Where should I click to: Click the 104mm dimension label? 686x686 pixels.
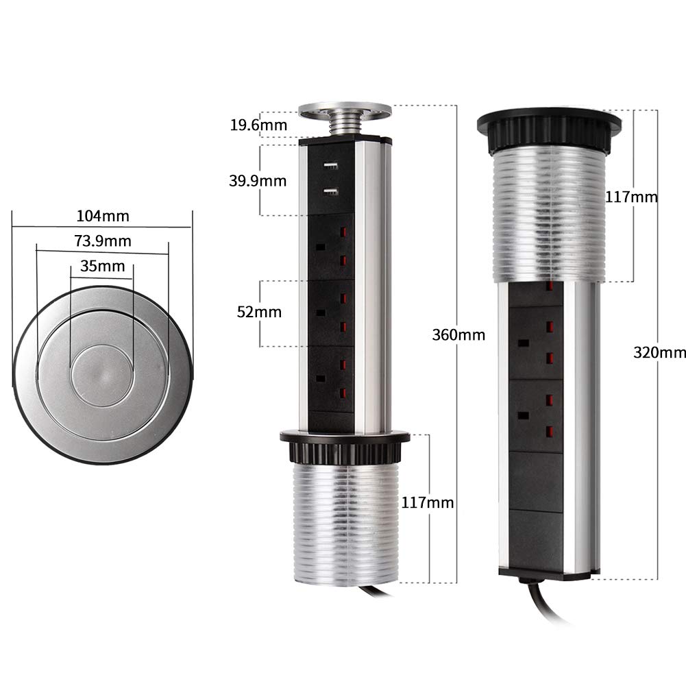coord(103,216)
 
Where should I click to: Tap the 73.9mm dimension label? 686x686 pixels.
coord(103,241)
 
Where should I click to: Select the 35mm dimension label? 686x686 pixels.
coord(103,266)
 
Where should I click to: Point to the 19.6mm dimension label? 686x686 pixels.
coord(258,125)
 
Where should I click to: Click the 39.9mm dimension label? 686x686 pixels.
coord(258,181)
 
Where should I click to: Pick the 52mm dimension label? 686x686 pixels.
coord(260,312)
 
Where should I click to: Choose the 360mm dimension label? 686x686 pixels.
coord(459,334)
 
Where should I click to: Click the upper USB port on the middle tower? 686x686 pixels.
coord(331,167)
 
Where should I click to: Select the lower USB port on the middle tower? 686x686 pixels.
coord(331,191)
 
